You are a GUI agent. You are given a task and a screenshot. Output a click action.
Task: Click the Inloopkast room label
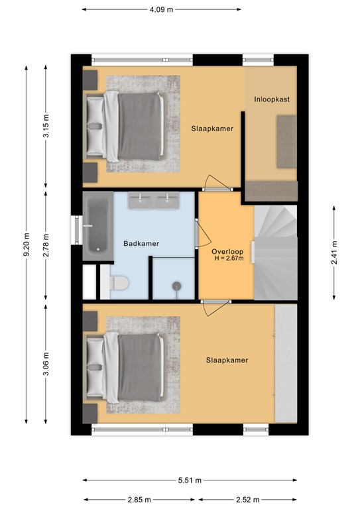[x=272, y=99]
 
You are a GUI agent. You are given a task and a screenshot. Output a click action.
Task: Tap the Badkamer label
[x=141, y=243]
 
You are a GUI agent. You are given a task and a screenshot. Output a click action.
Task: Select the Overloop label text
[x=227, y=252]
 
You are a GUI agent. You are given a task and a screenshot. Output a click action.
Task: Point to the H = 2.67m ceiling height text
[x=229, y=258]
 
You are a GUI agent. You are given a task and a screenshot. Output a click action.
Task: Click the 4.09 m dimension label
[x=161, y=10]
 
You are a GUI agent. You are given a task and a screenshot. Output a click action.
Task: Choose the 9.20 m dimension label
[x=27, y=245]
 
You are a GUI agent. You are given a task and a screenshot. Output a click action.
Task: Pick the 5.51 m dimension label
[x=190, y=480]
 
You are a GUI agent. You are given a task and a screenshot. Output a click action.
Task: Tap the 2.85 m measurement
[x=139, y=500]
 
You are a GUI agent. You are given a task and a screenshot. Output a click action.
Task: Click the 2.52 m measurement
[x=247, y=500]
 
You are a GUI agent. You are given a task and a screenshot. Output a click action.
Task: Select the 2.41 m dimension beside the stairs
[x=334, y=253]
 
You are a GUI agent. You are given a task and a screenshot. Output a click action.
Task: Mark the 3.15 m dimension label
[x=46, y=126]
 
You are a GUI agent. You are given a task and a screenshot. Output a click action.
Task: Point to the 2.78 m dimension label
[x=46, y=245]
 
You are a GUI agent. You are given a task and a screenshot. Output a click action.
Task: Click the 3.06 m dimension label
[x=46, y=364]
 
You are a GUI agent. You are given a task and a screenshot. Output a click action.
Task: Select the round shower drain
[x=176, y=286]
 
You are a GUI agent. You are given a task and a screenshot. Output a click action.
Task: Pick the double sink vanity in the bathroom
[x=154, y=200]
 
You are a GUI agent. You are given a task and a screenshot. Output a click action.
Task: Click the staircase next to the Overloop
[x=276, y=253]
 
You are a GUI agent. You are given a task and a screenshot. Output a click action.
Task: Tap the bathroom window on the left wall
[x=76, y=230]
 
